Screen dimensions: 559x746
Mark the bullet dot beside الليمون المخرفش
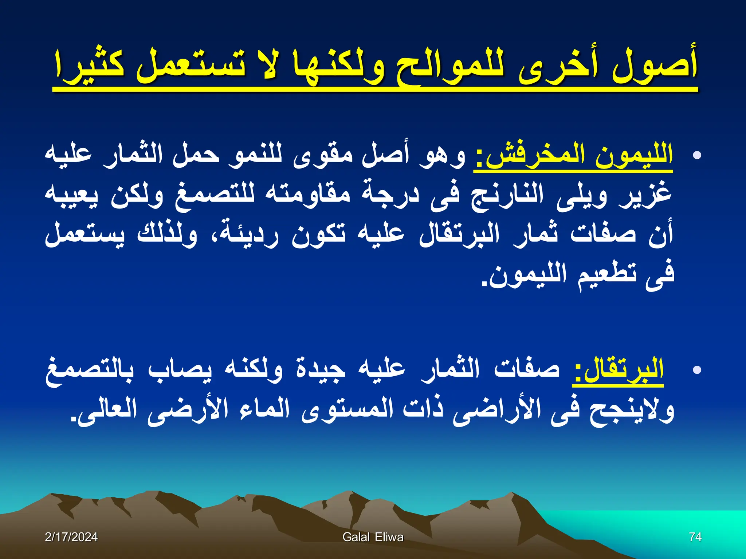tap(697, 156)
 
